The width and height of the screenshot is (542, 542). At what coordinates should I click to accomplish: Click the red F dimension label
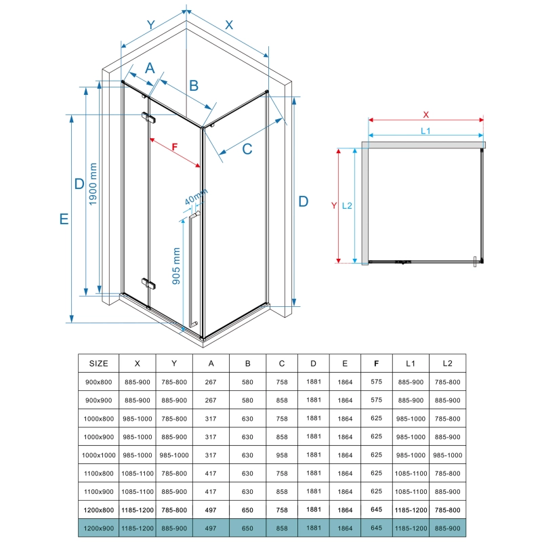point(175,147)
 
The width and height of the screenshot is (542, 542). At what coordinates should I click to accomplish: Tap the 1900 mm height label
point(93,184)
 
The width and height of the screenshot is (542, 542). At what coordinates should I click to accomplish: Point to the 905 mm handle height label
point(176,266)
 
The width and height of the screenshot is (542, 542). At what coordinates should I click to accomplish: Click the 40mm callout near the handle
point(196,196)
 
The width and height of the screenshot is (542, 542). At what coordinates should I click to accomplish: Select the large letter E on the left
point(64,219)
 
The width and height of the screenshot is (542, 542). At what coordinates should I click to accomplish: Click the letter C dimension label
point(247,149)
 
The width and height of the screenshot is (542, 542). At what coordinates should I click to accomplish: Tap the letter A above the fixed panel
point(150,68)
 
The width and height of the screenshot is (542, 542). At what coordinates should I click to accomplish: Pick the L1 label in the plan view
point(425,131)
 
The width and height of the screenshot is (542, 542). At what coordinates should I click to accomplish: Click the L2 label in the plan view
point(347,206)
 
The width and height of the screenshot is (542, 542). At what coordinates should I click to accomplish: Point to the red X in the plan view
point(426,114)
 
